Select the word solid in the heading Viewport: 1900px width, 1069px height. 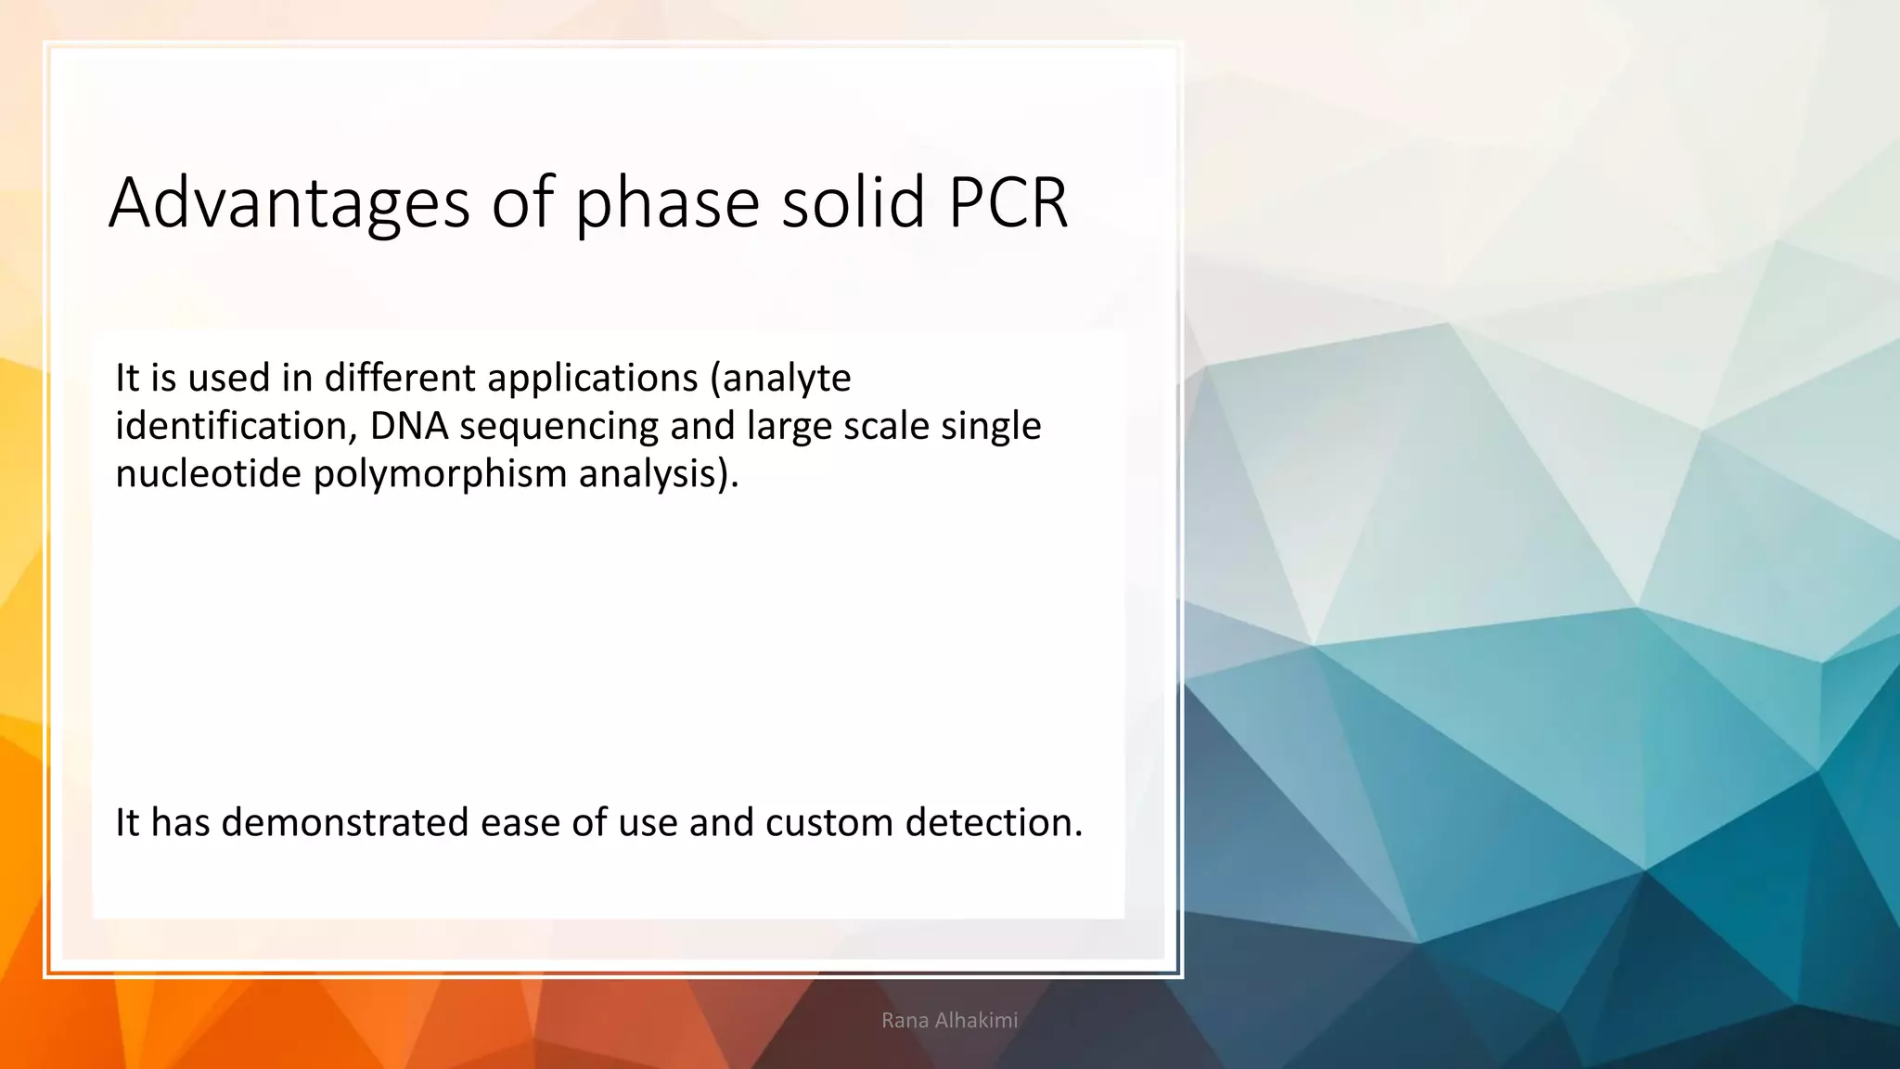tap(853, 203)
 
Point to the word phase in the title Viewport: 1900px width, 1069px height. tap(667, 203)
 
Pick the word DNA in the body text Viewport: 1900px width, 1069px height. tap(409, 427)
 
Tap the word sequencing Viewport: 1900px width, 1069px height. tap(558, 427)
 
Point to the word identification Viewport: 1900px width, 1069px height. tap(237, 427)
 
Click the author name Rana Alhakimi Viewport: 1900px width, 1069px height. tap(949, 1021)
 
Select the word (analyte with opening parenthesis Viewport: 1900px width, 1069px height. tap(780, 379)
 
